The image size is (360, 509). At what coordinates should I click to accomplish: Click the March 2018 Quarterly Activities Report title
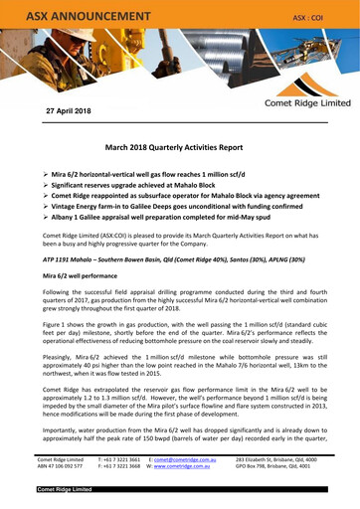[179, 146]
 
